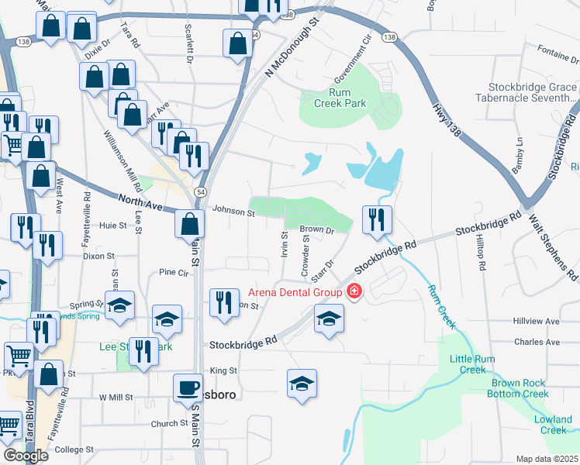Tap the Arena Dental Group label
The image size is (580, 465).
295,292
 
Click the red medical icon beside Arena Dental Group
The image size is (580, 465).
354,291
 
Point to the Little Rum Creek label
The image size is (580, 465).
462,363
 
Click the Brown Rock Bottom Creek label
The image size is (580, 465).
520,388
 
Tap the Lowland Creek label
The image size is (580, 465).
554,425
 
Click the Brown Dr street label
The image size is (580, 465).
316,229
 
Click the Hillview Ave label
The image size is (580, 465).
536,321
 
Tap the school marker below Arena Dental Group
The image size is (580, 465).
329,319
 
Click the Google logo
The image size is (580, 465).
26,455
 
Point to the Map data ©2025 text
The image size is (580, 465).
546,459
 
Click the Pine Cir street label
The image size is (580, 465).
173,273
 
